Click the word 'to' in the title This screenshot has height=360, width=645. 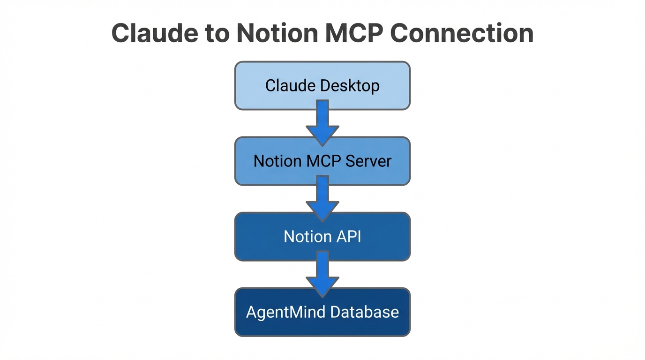pyautogui.click(x=219, y=33)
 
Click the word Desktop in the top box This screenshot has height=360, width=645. pyautogui.click(x=350, y=86)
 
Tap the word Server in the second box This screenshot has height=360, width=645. pyautogui.click(x=368, y=161)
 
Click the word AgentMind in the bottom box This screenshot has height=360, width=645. pyautogui.click(x=289, y=312)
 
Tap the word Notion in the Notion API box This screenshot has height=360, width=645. pyautogui.click(x=304, y=237)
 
